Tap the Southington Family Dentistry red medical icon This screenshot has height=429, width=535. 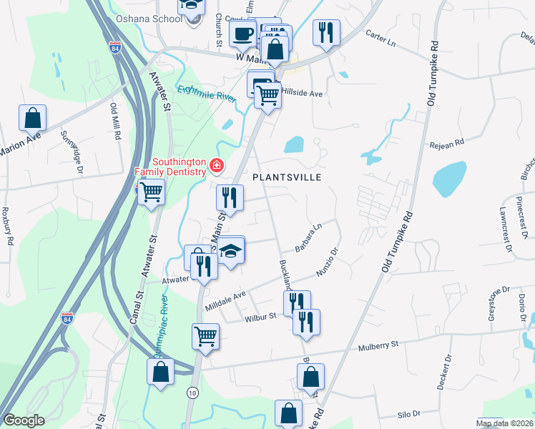215,167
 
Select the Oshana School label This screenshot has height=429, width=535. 149,19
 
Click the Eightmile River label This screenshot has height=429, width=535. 206,94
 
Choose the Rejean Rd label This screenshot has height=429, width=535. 447,143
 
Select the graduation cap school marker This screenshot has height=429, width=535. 230,252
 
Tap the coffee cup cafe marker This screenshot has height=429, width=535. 242,33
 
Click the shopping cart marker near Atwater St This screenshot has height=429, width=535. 151,192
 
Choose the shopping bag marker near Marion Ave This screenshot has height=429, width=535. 32,118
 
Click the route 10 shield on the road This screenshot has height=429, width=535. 192,392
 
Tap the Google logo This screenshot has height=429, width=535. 24,420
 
